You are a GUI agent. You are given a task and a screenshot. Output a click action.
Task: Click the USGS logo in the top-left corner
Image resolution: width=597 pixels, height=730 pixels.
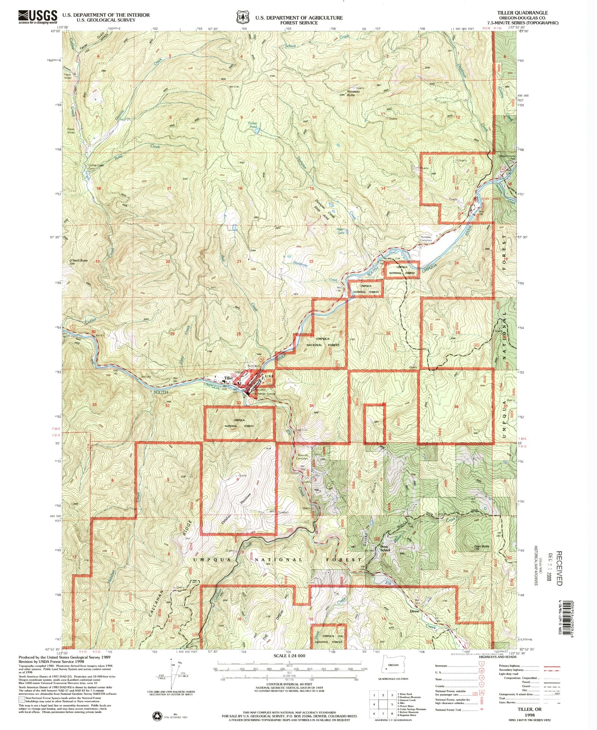pos(37,17)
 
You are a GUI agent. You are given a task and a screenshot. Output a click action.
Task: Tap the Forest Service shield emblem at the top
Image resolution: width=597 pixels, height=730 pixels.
pos(243,17)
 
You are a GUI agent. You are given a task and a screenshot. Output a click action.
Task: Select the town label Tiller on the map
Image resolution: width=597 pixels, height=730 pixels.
pos(228,378)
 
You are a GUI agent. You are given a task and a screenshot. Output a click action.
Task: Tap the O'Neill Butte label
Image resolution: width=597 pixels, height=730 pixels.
pos(79,261)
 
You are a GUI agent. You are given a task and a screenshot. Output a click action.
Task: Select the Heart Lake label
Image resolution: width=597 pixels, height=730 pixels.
pos(341,231)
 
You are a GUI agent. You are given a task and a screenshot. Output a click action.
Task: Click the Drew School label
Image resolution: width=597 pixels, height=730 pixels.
pos(385,548)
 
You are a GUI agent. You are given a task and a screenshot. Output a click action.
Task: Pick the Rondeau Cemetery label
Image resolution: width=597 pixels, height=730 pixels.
pos(426,239)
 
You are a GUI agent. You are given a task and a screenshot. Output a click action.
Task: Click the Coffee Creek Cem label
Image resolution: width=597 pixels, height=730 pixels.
pos(94,167)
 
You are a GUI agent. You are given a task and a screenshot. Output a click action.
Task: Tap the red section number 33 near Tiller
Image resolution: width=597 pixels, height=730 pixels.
pos(238,403)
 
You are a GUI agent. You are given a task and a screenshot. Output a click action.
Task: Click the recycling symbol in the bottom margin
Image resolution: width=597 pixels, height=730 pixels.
pos(156,715)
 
